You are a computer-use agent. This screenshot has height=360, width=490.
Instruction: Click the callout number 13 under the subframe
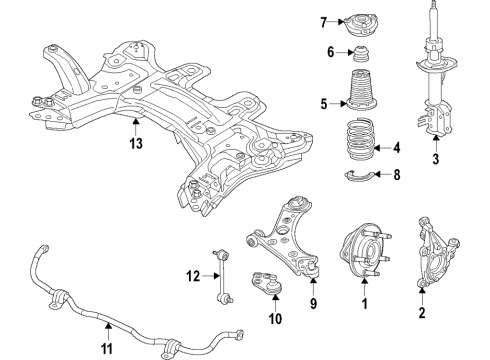(x=135, y=143)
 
